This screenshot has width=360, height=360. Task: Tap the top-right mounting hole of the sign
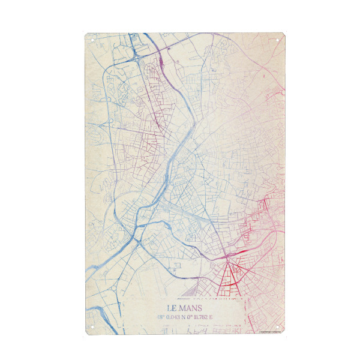pyautogui.click(x=278, y=40)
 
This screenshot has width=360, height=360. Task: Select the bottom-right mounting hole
pyautogui.click(x=278, y=328)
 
